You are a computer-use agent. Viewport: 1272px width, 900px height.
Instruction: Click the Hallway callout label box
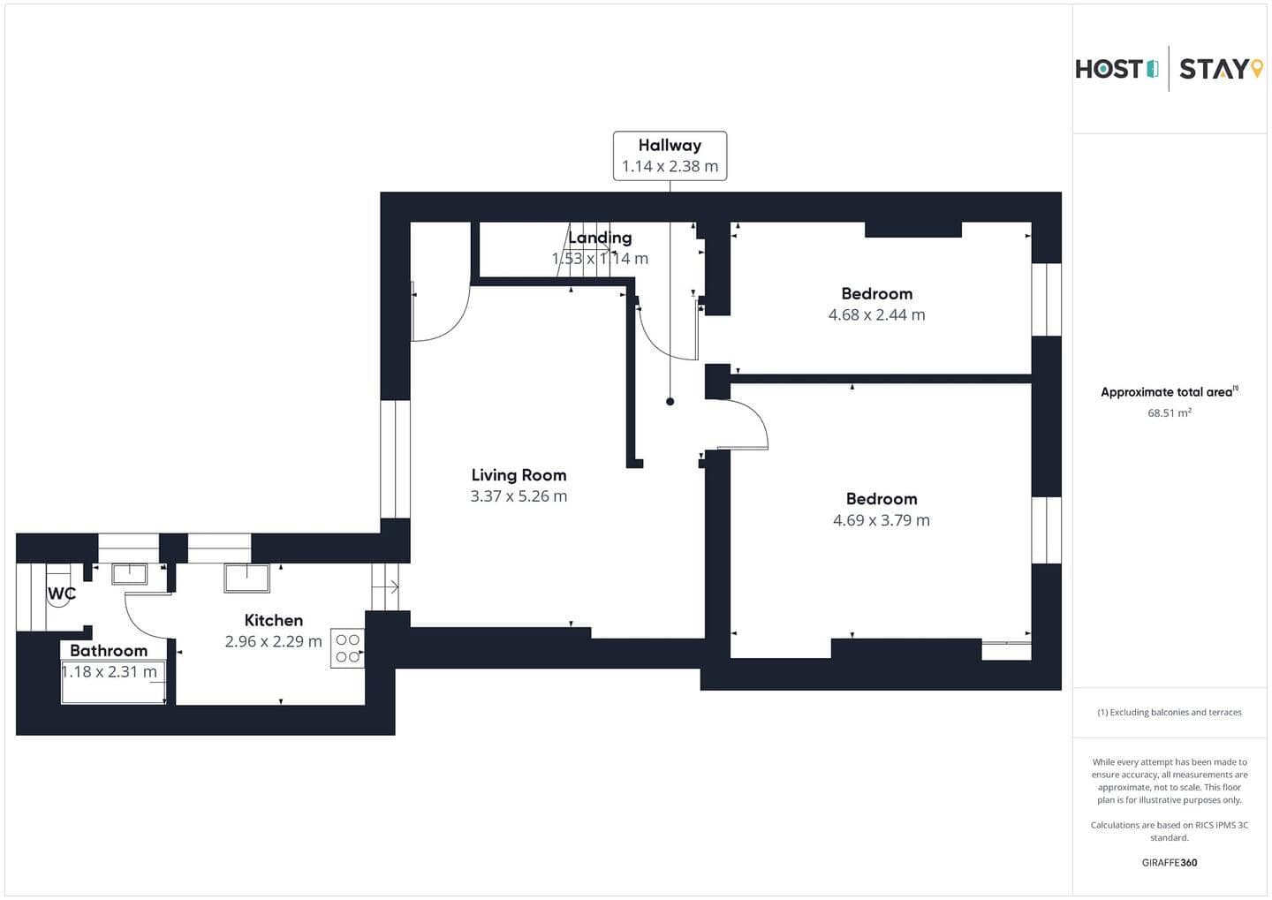pos(670,156)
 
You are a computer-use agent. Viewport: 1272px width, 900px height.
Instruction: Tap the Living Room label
pos(519,475)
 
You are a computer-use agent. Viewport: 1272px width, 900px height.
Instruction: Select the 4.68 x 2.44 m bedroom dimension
pos(876,314)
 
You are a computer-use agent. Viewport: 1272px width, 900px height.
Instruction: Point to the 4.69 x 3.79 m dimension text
pos(881,520)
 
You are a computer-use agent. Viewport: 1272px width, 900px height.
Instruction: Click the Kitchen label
pos(273,620)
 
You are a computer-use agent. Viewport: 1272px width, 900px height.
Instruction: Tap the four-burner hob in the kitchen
pos(347,648)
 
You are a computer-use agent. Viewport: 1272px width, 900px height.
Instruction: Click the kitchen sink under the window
pos(247,578)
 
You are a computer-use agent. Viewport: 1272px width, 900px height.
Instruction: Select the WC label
pos(61,594)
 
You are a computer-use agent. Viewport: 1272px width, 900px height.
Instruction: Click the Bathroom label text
pos(109,651)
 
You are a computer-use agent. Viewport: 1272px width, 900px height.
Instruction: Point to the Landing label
pos(600,238)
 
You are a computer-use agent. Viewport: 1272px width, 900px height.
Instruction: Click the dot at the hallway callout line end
pos(670,402)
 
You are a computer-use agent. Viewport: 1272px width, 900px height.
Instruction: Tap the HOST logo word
pos(1109,69)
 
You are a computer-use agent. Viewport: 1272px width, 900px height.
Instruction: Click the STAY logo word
pos(1214,69)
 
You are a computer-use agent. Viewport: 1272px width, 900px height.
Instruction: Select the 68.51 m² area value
pos(1170,412)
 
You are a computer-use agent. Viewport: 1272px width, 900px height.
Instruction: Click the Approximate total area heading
pos(1170,392)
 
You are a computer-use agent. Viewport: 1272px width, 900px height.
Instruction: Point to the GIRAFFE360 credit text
pos(1170,863)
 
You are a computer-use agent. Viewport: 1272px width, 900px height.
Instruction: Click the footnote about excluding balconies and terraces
pos(1170,712)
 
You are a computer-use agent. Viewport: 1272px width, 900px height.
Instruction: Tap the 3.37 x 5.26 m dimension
pos(519,496)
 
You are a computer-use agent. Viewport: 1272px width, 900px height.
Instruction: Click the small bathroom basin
pos(130,574)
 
